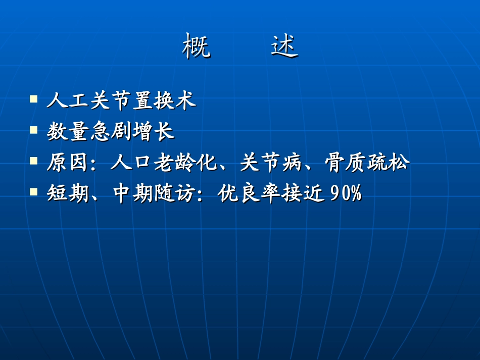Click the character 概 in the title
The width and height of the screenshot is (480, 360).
[x=196, y=46]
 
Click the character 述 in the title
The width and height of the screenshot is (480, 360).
[x=284, y=46]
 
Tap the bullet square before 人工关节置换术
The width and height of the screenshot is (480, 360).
[x=34, y=98]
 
